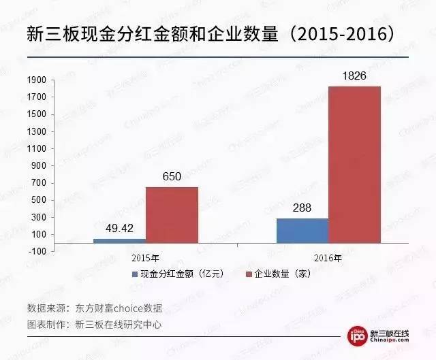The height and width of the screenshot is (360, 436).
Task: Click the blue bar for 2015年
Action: tap(119, 240)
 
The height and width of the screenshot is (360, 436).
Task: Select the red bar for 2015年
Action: tap(172, 214)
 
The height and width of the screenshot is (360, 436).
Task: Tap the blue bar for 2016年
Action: tap(302, 230)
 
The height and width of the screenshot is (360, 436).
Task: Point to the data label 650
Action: tap(172, 177)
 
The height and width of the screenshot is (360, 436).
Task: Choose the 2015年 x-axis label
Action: tap(146, 259)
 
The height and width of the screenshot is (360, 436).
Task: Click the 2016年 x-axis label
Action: tap(330, 259)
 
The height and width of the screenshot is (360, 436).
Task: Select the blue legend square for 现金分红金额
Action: tap(135, 275)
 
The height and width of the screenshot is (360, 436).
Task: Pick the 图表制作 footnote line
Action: tap(95, 324)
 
